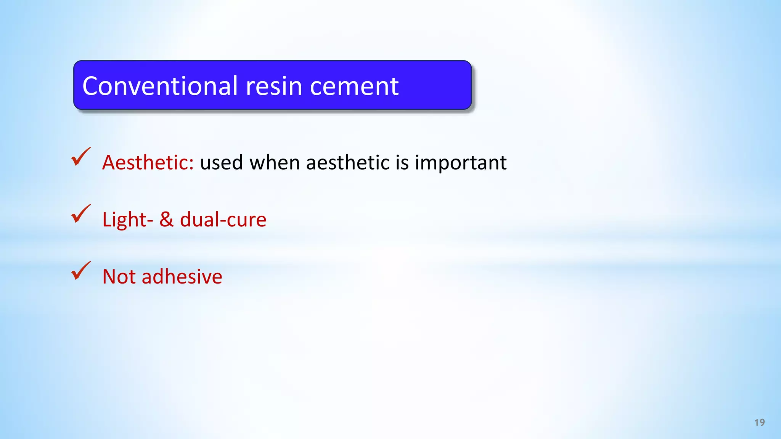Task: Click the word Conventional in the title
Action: click(160, 86)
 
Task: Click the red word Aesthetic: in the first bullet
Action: click(148, 163)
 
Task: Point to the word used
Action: click(221, 163)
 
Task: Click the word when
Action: click(275, 163)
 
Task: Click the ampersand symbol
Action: click(166, 219)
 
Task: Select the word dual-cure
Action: click(223, 220)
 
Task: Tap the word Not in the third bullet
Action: click(119, 277)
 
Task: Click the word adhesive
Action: click(182, 277)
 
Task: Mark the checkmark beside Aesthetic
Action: click(81, 157)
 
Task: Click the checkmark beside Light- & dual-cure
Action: click(81, 214)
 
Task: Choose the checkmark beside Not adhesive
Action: click(81, 271)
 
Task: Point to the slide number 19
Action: click(759, 423)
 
